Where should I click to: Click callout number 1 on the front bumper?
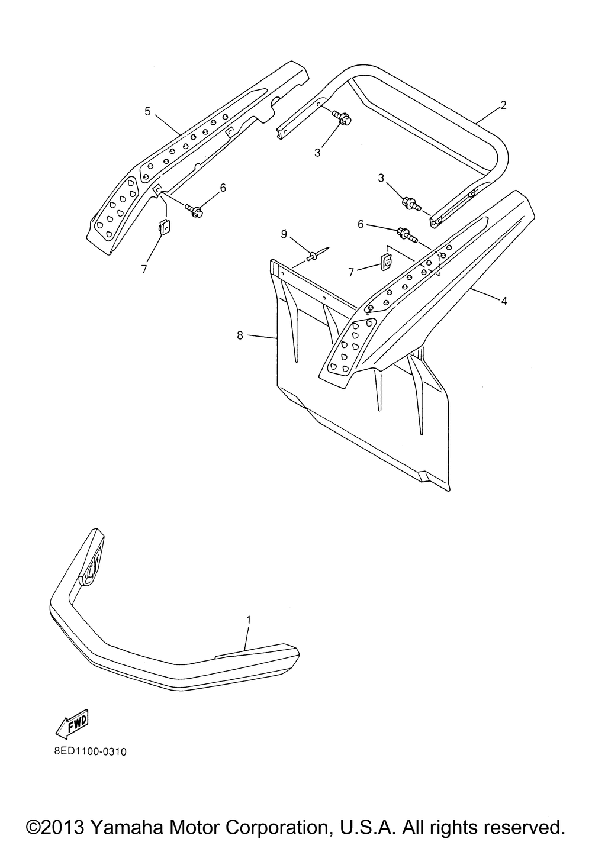pyautogui.click(x=249, y=620)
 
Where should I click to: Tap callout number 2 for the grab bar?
pyautogui.click(x=503, y=105)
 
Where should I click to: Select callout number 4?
pyautogui.click(x=504, y=301)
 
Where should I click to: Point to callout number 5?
pyautogui.click(x=148, y=111)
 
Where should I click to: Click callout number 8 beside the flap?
pyautogui.click(x=240, y=335)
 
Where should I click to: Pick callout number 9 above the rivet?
pyautogui.click(x=284, y=234)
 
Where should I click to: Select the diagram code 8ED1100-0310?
pyautogui.click(x=88, y=752)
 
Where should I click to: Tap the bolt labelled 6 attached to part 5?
pyautogui.click(x=194, y=209)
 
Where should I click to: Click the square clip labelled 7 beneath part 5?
pyautogui.click(x=165, y=227)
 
